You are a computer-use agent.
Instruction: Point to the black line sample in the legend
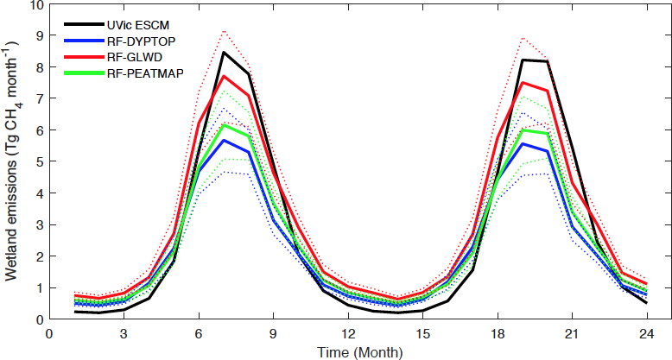[x=82, y=25]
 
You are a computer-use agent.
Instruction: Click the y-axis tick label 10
[x=35, y=5]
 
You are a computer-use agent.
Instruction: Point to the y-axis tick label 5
[x=39, y=161]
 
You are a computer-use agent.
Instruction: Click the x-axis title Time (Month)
[x=347, y=351]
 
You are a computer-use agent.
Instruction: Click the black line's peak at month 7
[x=224, y=53]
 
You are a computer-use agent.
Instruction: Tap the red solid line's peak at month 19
[x=523, y=83]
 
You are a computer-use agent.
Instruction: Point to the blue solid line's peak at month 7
[x=224, y=140]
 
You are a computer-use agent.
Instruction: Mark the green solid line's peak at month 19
[x=523, y=130]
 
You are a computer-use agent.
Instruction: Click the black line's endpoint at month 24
[x=646, y=303]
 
